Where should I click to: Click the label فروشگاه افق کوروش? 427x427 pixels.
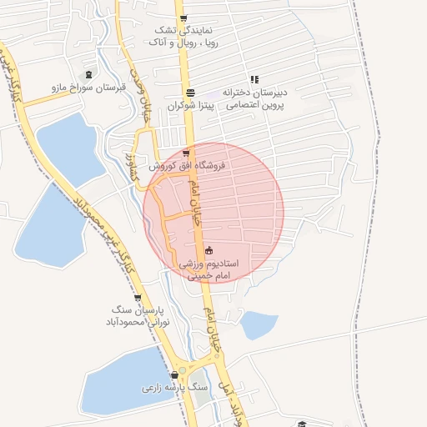tap(188, 166)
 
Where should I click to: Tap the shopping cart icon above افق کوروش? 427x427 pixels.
tap(185, 153)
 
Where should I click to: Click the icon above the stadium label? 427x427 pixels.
tap(208, 249)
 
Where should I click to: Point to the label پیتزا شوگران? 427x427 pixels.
tap(191, 106)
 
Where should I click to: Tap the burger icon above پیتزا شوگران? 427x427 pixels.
tap(191, 93)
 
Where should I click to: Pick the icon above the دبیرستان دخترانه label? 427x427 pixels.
tap(254, 79)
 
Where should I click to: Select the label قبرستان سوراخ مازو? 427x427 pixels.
tap(88, 87)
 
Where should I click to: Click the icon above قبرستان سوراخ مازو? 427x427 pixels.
tap(88, 74)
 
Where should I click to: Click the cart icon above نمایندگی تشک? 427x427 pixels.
tap(183, 18)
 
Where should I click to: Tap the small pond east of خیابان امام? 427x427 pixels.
tap(259, 324)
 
